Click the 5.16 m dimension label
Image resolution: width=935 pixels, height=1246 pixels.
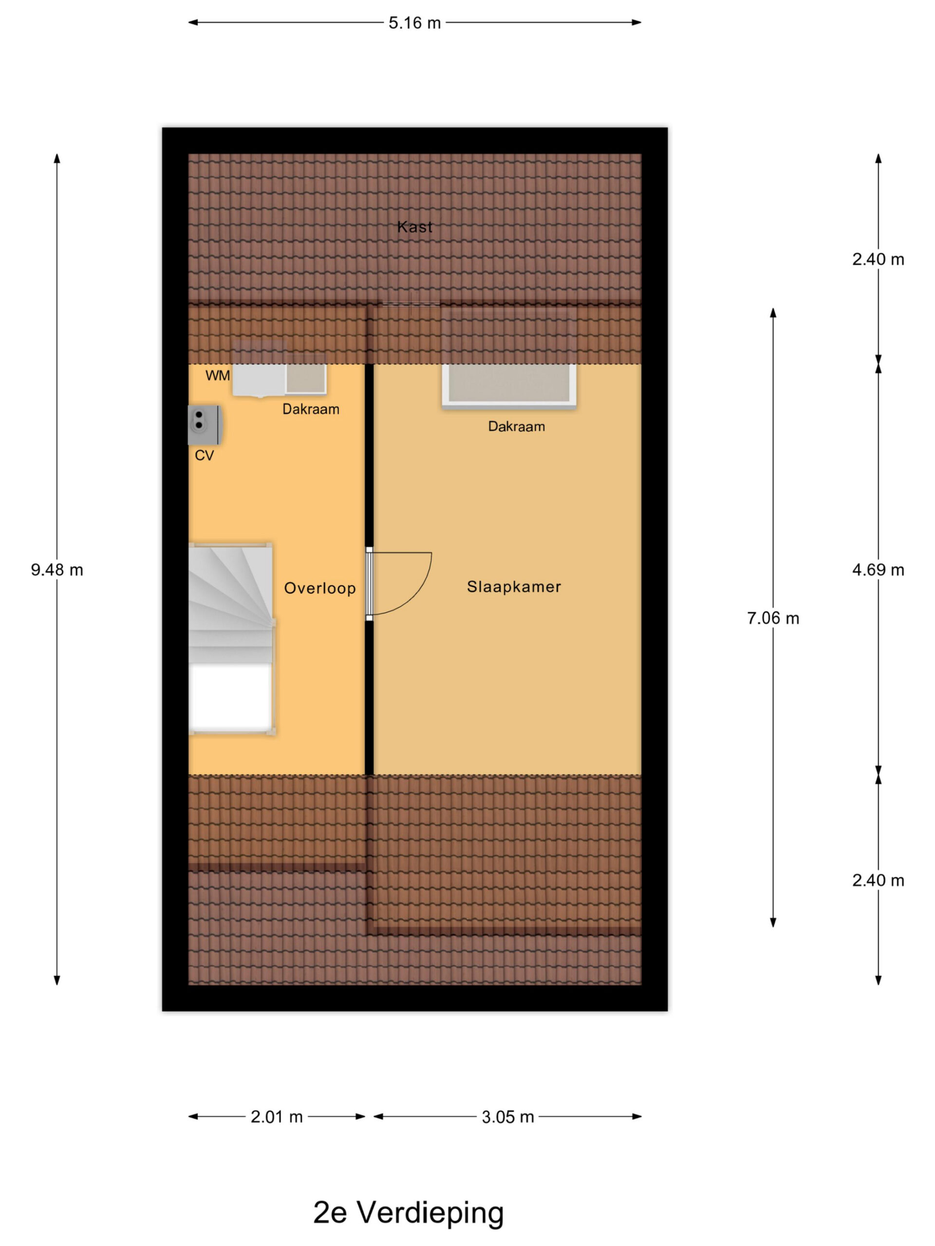414,23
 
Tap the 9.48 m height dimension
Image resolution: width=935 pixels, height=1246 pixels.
57,570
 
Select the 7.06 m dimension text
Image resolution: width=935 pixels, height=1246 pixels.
773,619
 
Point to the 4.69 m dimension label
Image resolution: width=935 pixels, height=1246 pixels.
878,570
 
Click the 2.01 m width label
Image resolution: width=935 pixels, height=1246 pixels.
277,1117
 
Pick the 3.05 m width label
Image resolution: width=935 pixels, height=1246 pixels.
507,1117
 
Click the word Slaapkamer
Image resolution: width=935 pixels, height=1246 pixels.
513,587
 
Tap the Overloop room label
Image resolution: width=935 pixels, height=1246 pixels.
319,588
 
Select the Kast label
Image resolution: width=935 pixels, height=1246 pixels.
415,227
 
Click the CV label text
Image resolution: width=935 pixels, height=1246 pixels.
204,455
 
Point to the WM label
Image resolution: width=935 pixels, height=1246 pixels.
218,376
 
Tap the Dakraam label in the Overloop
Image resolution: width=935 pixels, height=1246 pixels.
311,409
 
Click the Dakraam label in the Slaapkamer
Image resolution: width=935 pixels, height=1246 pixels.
516,426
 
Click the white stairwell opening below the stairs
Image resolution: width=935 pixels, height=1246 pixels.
231,697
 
